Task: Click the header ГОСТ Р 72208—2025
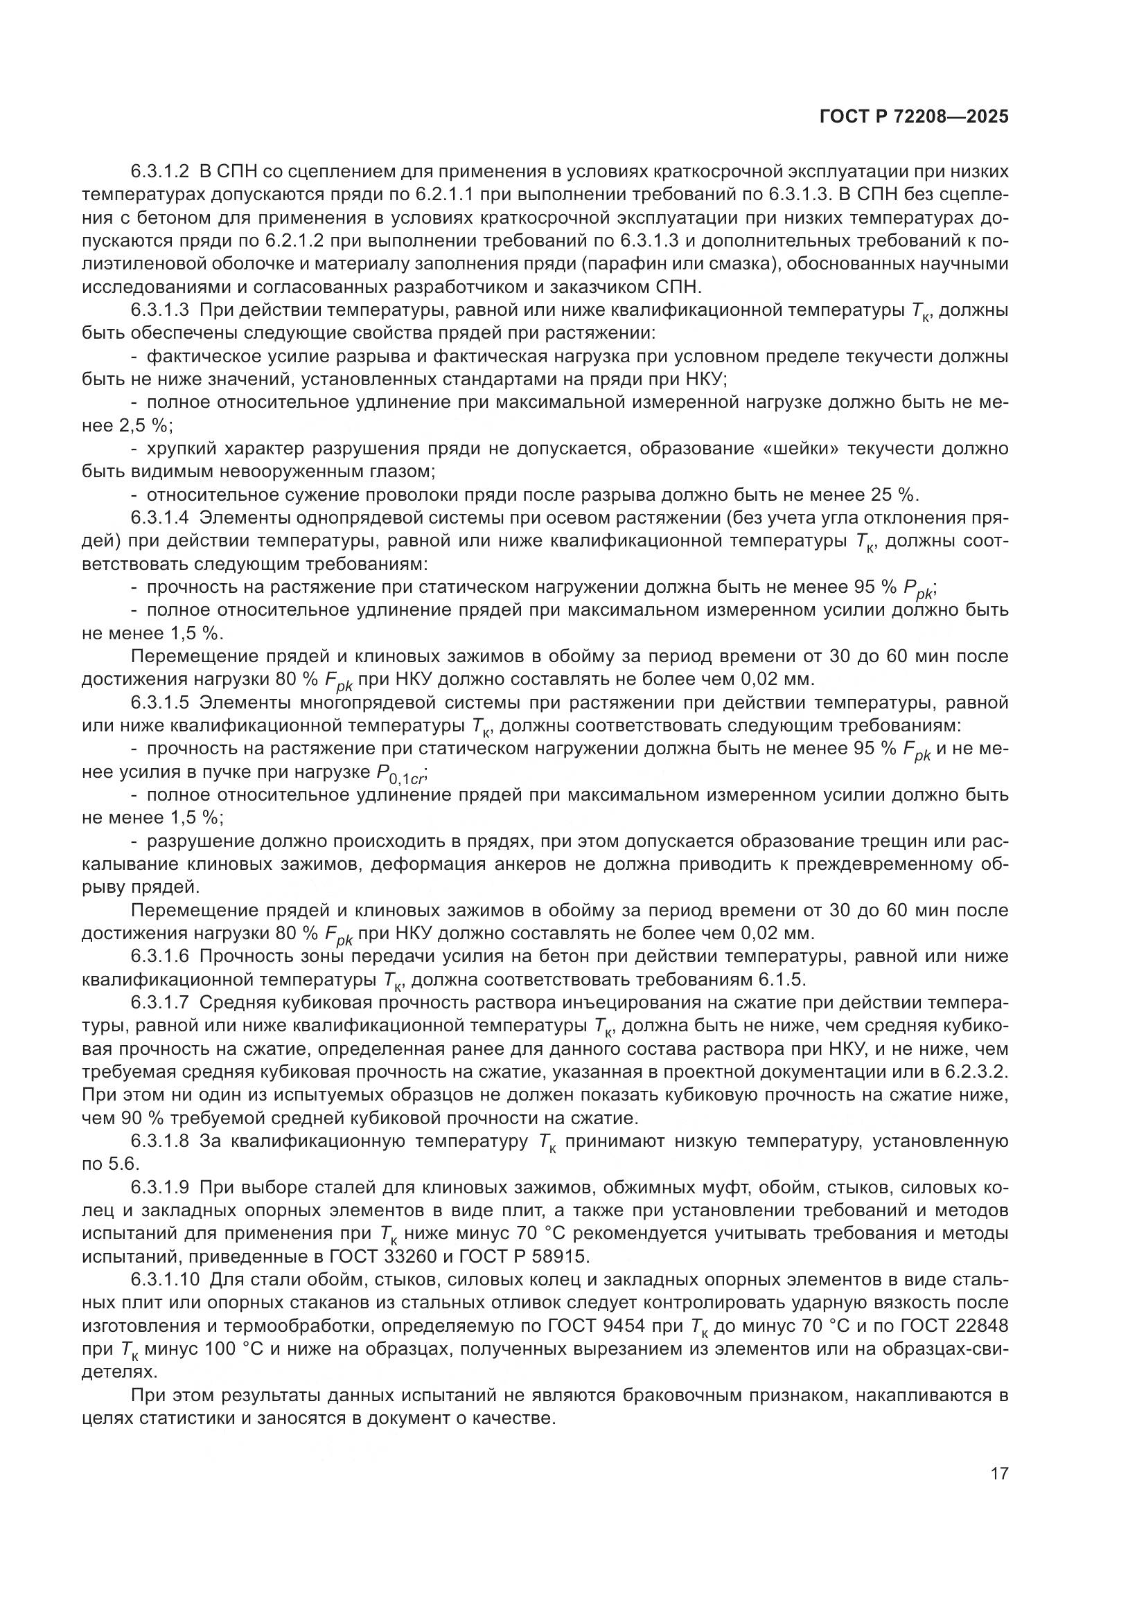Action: coord(914,117)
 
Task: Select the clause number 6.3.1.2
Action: coord(160,172)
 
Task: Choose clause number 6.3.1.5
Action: coord(160,703)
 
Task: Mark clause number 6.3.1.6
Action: coord(160,956)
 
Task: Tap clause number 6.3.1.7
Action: coord(160,1003)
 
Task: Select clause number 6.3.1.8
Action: coord(160,1141)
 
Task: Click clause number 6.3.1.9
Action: coord(160,1188)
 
